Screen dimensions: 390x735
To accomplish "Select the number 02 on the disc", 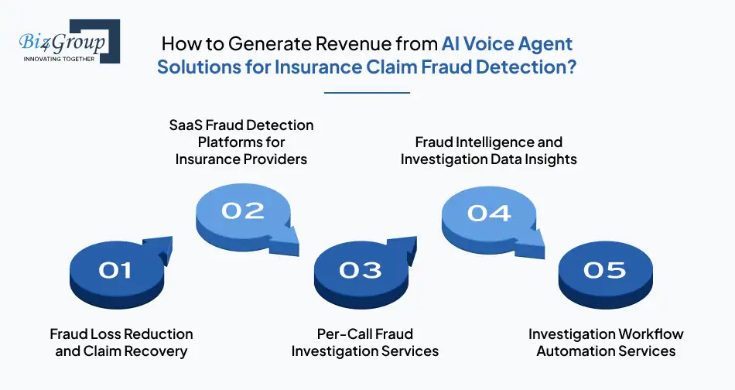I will [242, 210].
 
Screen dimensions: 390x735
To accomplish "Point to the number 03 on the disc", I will [360, 269].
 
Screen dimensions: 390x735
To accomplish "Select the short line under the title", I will [367, 93].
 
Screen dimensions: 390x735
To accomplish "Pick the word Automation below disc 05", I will [569, 351].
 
